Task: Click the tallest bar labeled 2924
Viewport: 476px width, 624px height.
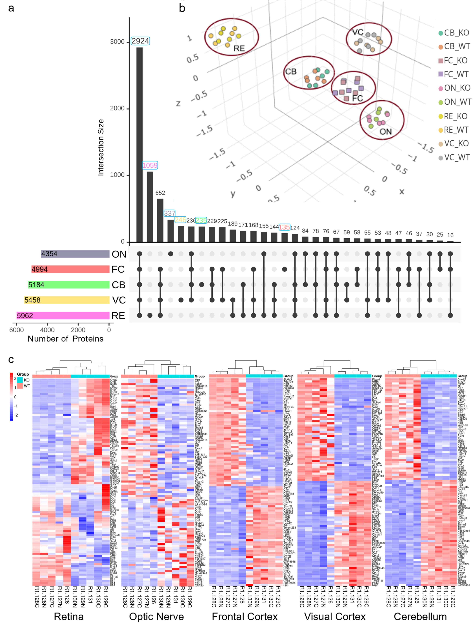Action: [139, 144]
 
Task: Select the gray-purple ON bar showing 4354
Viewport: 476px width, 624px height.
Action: [75, 254]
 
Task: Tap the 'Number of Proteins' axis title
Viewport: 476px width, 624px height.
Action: [66, 339]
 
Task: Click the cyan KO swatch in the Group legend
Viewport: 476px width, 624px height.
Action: [20, 380]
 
